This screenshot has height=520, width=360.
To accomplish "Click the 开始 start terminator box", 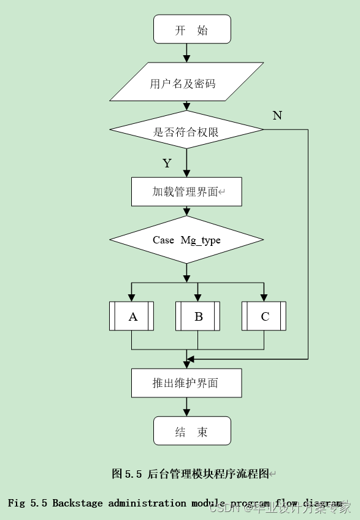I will [x=192, y=29].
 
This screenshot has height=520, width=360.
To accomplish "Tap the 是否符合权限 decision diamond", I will [x=186, y=130].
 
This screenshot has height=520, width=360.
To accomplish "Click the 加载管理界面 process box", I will [x=186, y=192].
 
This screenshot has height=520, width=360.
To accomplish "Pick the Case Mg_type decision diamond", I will [x=186, y=240].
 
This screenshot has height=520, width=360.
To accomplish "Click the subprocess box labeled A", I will [x=132, y=316].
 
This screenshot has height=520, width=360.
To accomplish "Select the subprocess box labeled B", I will [x=197, y=316].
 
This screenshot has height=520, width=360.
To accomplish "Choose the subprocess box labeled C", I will [x=264, y=316].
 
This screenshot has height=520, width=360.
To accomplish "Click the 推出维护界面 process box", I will [x=186, y=383].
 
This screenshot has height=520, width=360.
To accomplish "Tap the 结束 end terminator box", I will [x=192, y=431].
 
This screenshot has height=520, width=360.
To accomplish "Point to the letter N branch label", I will [x=277, y=115].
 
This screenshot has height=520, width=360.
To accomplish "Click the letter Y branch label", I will [x=167, y=163].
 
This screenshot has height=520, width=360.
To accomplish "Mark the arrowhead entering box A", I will [x=132, y=297].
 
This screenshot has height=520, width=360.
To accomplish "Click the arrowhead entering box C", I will [x=264, y=297].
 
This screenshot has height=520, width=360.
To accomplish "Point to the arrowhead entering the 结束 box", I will [x=186, y=413].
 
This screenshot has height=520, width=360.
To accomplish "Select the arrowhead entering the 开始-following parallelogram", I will [x=186, y=58].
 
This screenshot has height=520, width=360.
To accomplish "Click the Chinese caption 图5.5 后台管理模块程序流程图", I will [x=191, y=473].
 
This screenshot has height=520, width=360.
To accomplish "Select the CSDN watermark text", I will [x=224, y=508].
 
